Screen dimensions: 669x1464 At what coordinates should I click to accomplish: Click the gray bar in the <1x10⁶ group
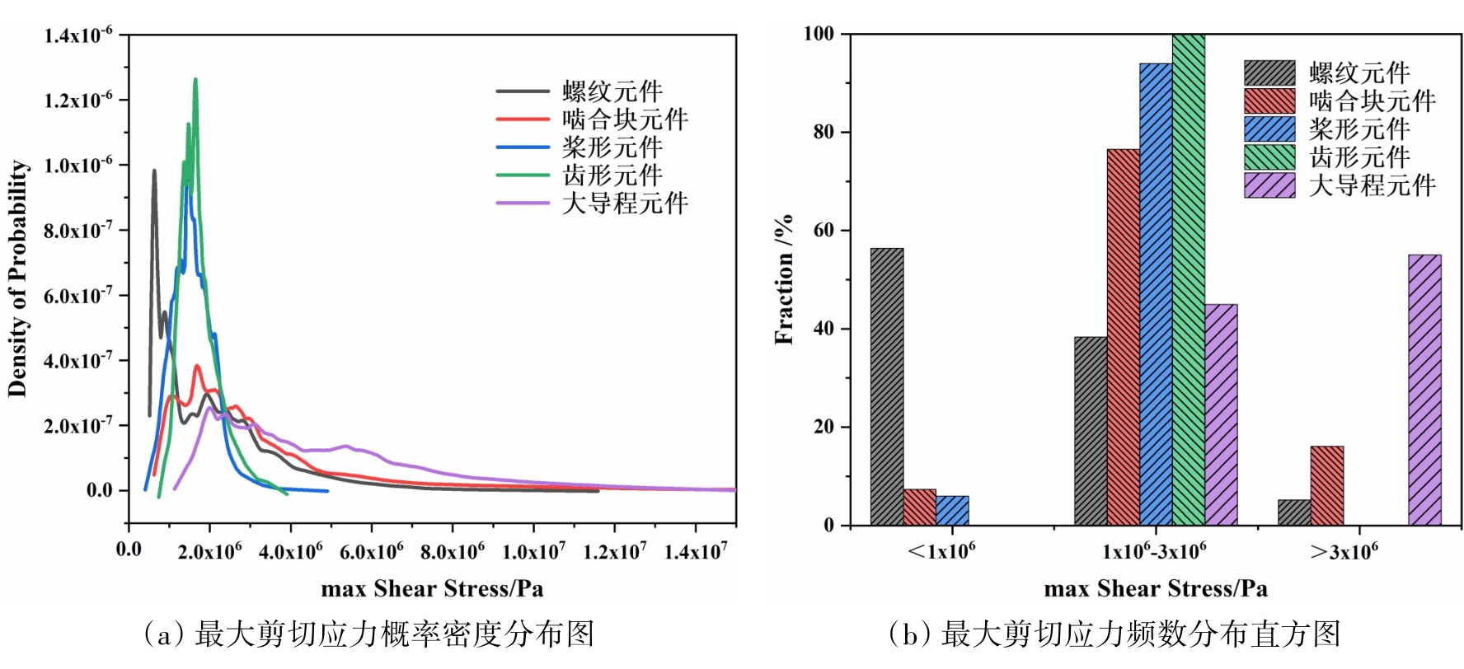click(887, 386)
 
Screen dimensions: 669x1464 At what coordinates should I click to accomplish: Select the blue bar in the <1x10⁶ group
click(952, 511)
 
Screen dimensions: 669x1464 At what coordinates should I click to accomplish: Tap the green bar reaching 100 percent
click(1188, 280)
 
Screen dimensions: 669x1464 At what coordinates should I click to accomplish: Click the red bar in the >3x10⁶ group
click(1326, 485)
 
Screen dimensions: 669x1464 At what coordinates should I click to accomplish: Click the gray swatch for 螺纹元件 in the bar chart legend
click(1269, 73)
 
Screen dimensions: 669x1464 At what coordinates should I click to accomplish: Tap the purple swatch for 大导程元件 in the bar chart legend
click(1269, 185)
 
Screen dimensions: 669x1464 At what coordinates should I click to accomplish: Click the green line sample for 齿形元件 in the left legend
click(523, 175)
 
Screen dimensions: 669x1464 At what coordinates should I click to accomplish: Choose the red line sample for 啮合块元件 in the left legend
click(523, 119)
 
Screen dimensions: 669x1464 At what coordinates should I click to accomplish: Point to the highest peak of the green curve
click(195, 80)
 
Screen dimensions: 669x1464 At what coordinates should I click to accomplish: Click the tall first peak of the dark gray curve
click(154, 171)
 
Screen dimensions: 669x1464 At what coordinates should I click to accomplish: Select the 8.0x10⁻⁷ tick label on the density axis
click(78, 230)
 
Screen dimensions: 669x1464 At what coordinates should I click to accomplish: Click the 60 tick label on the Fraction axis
click(823, 231)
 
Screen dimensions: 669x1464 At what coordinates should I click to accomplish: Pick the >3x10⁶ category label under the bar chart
click(1344, 551)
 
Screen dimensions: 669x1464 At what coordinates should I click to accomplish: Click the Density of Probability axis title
click(18, 278)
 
